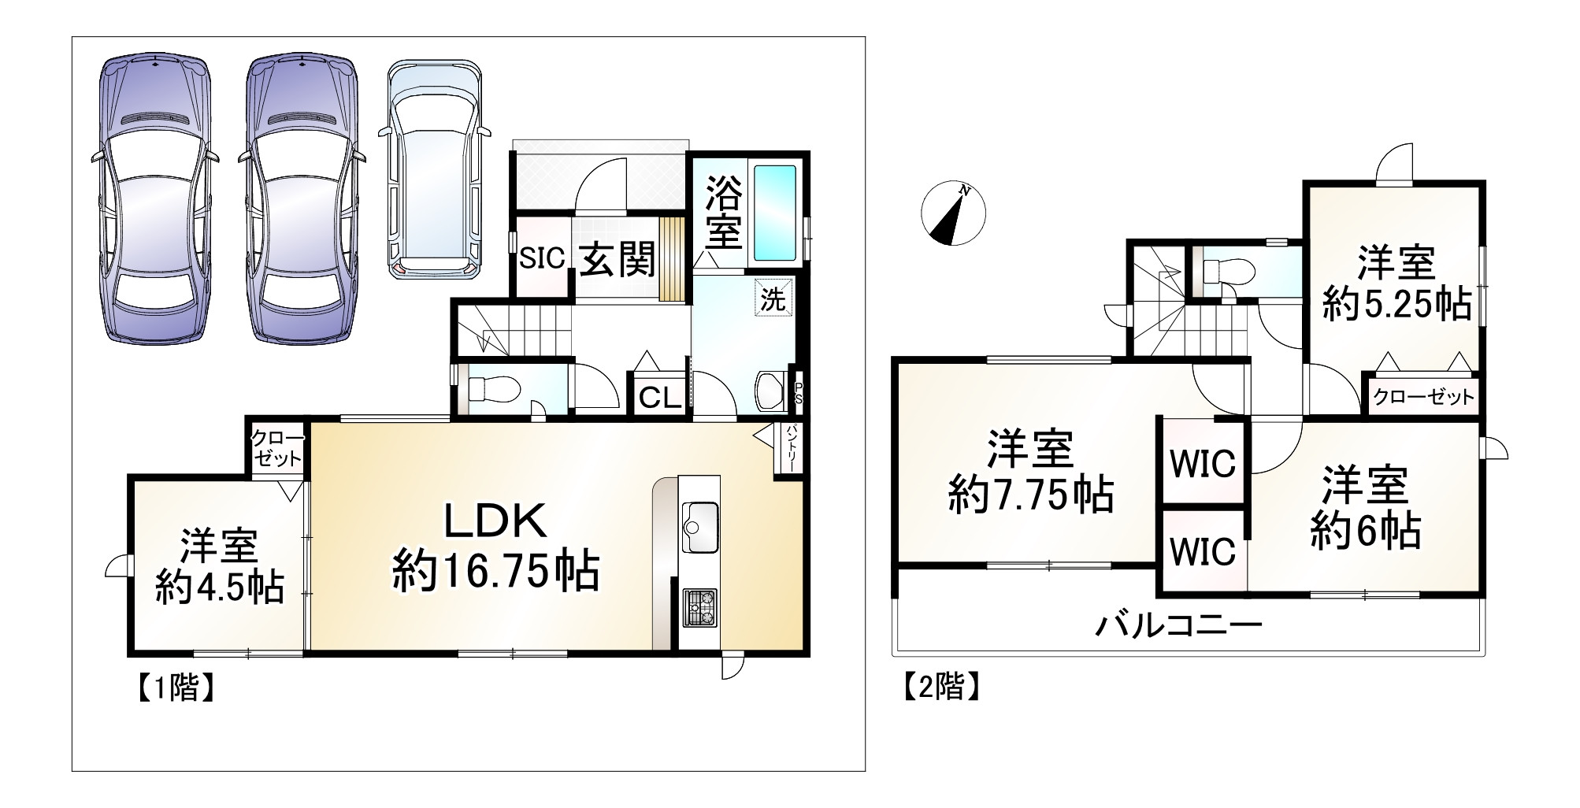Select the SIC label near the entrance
click(x=543, y=258)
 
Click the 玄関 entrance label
click(x=618, y=259)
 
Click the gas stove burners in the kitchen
click(x=699, y=607)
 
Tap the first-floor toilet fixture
click(x=493, y=388)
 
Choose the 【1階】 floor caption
click(x=174, y=688)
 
